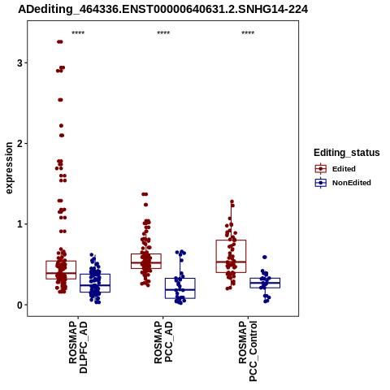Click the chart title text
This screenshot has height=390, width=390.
(162, 10)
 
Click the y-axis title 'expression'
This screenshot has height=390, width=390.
(9, 168)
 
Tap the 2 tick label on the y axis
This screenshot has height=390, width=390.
(20, 144)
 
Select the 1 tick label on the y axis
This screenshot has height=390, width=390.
(20, 224)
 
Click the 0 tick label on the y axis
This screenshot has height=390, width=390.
(20, 305)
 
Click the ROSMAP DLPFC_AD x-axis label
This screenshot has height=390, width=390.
(78, 347)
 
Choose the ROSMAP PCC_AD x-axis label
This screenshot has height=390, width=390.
(163, 342)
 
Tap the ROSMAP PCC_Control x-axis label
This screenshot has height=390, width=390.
(248, 351)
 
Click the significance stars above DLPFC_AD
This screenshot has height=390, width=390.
(78, 33)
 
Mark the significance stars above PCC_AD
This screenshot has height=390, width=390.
(163, 33)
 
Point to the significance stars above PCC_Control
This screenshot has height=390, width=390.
(248, 33)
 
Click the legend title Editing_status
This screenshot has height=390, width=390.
(347, 153)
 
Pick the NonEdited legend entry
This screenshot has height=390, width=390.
(343, 183)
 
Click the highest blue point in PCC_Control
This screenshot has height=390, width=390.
(265, 257)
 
